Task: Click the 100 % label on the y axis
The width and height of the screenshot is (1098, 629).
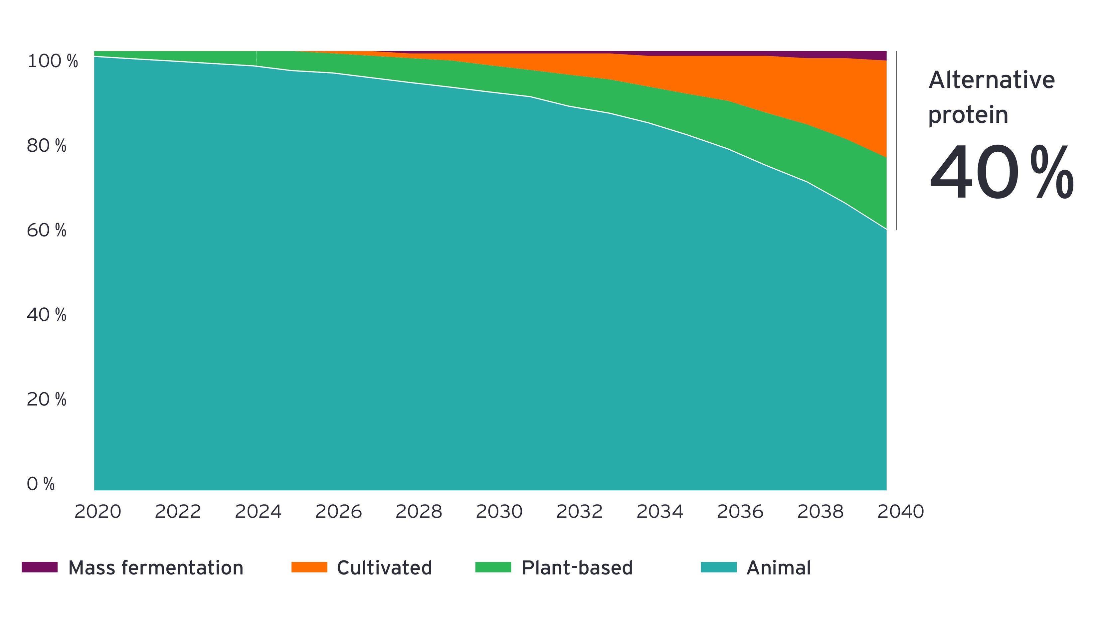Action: pos(52,61)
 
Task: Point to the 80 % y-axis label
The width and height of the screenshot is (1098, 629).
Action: pos(46,146)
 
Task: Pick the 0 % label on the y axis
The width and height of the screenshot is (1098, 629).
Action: pos(41,484)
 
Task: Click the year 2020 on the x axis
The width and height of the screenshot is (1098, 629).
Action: pos(98,512)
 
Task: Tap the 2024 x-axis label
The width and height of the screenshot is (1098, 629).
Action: pos(258,512)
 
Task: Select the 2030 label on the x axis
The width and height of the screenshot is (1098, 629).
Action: pos(499,512)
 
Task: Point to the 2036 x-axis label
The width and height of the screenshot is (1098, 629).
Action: pos(740,512)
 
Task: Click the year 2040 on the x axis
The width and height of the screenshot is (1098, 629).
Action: pos(900,512)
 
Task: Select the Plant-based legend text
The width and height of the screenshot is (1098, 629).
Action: pos(577,568)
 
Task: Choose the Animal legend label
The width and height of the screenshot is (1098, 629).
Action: pos(778,568)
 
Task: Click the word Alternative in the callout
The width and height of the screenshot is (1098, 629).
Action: pos(991,80)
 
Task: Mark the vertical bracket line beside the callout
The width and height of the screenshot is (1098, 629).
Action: pos(896,140)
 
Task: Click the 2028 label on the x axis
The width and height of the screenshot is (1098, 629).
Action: pos(419,512)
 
